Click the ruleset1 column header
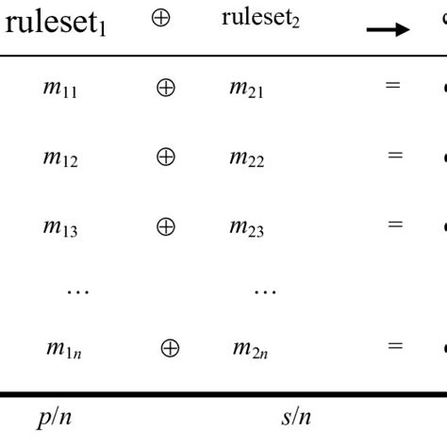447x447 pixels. [x=56, y=23]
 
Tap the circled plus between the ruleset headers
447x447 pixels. [x=161, y=19]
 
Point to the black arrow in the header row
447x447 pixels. [x=388, y=30]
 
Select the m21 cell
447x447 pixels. [x=246, y=88]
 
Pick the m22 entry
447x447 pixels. [x=246, y=157]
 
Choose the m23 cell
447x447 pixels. [x=246, y=226]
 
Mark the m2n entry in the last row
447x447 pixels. [x=249, y=349]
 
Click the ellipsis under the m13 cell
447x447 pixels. [x=77, y=291]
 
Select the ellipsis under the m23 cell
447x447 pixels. [x=265, y=291]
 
